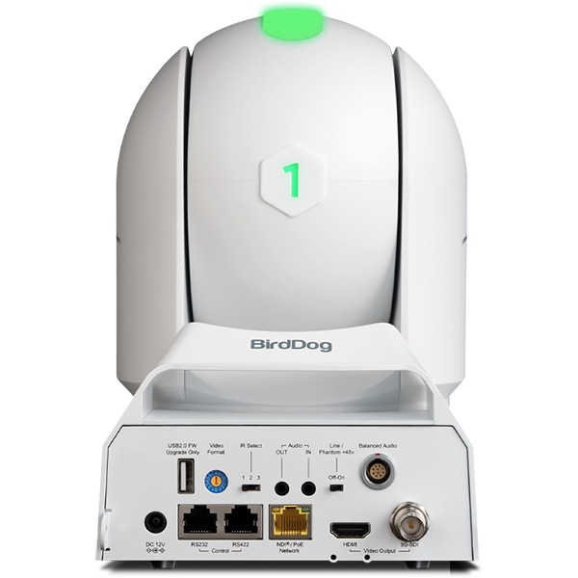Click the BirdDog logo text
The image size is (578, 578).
pyautogui.click(x=291, y=345)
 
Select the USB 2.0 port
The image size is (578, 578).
pyautogui.click(x=187, y=480)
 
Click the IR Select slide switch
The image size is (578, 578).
pyautogui.click(x=252, y=487)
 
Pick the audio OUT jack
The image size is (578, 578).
pyautogui.click(x=281, y=488)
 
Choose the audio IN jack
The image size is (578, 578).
pyautogui.click(x=307, y=488)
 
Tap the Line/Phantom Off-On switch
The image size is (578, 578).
pyautogui.click(x=336, y=487)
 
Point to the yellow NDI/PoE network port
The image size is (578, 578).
pyautogui.click(x=289, y=521)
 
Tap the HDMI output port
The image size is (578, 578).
pyautogui.click(x=349, y=530)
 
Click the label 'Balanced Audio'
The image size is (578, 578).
pyautogui.click(x=378, y=446)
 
